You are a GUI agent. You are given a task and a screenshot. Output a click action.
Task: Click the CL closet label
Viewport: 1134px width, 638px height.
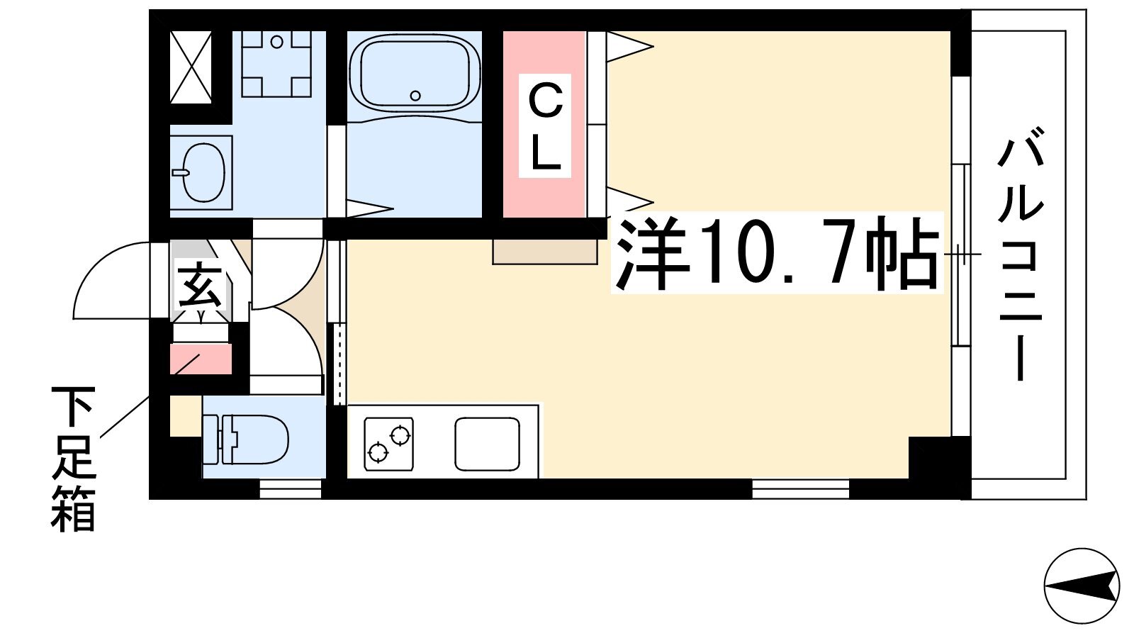pos(545,126)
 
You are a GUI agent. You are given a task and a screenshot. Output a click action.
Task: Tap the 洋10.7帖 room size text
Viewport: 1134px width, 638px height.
pos(777,253)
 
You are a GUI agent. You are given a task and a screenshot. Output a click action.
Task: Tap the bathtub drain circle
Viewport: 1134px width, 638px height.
pos(415,96)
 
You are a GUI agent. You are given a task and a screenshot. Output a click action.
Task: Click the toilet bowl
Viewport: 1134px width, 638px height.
pos(246,440)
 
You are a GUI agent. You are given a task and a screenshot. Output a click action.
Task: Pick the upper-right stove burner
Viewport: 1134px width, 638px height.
pos(400,435)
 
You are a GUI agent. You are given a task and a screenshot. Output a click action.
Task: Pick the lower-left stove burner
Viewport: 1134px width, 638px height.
pos(378,452)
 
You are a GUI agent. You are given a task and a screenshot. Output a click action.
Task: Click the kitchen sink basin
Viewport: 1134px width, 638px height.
pos(487,444)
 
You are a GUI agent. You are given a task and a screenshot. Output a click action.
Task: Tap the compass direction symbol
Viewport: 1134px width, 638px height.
pos(1082,586)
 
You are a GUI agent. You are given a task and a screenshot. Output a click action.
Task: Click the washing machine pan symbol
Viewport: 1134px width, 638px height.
pos(276,64)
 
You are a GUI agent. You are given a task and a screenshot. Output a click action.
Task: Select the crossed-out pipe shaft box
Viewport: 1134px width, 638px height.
pos(191,67)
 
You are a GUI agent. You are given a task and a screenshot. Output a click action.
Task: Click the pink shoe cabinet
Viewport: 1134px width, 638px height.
pos(201,359)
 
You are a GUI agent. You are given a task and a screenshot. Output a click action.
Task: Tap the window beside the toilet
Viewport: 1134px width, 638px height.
pos(291,490)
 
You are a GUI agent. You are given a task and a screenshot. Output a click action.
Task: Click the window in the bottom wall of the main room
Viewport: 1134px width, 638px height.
pos(800,490)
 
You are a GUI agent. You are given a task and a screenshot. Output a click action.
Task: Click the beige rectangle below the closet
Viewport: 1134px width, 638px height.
pos(545,252)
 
